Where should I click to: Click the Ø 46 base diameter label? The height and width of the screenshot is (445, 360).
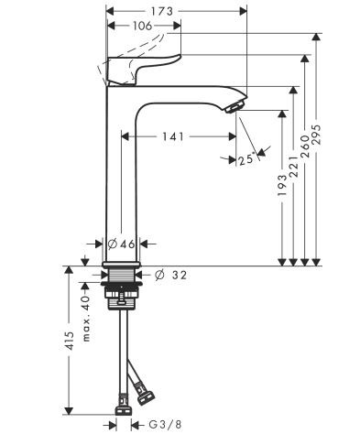coord(121,244)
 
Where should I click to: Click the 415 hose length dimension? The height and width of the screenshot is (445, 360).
coord(69,345)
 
